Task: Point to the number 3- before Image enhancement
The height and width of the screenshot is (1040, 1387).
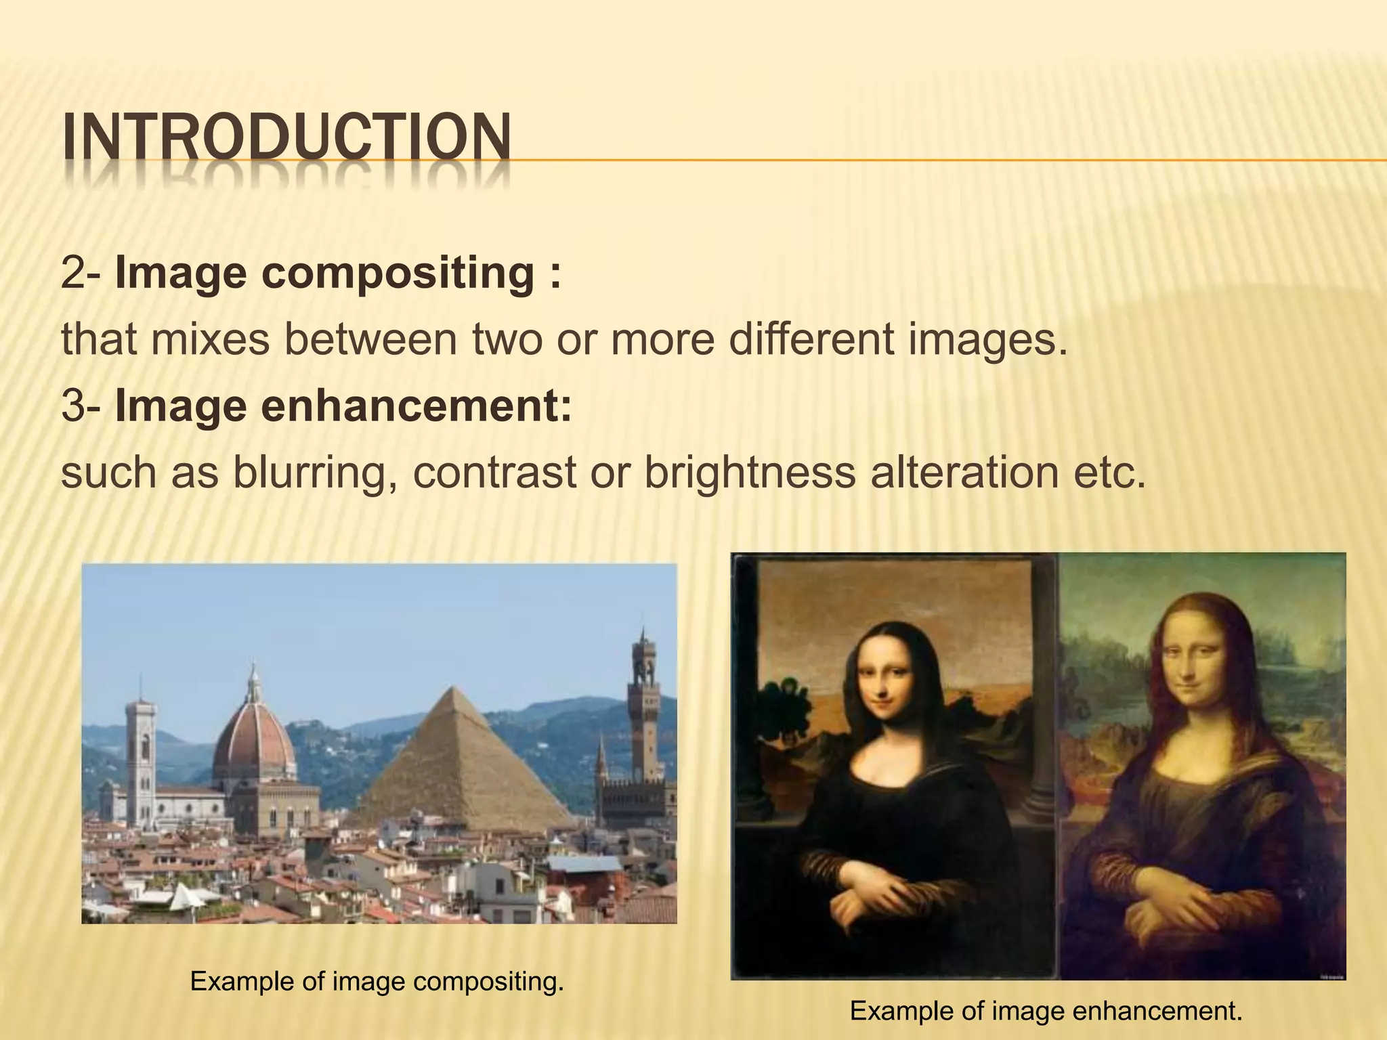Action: pyautogui.click(x=80, y=406)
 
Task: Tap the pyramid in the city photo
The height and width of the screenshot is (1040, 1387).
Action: pyautogui.click(x=461, y=758)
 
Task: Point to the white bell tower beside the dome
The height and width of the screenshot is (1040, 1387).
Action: pyautogui.click(x=141, y=752)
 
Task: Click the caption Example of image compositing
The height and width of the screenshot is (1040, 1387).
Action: pyautogui.click(x=377, y=981)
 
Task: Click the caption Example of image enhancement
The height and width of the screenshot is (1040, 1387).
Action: pyautogui.click(x=1046, y=1012)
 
